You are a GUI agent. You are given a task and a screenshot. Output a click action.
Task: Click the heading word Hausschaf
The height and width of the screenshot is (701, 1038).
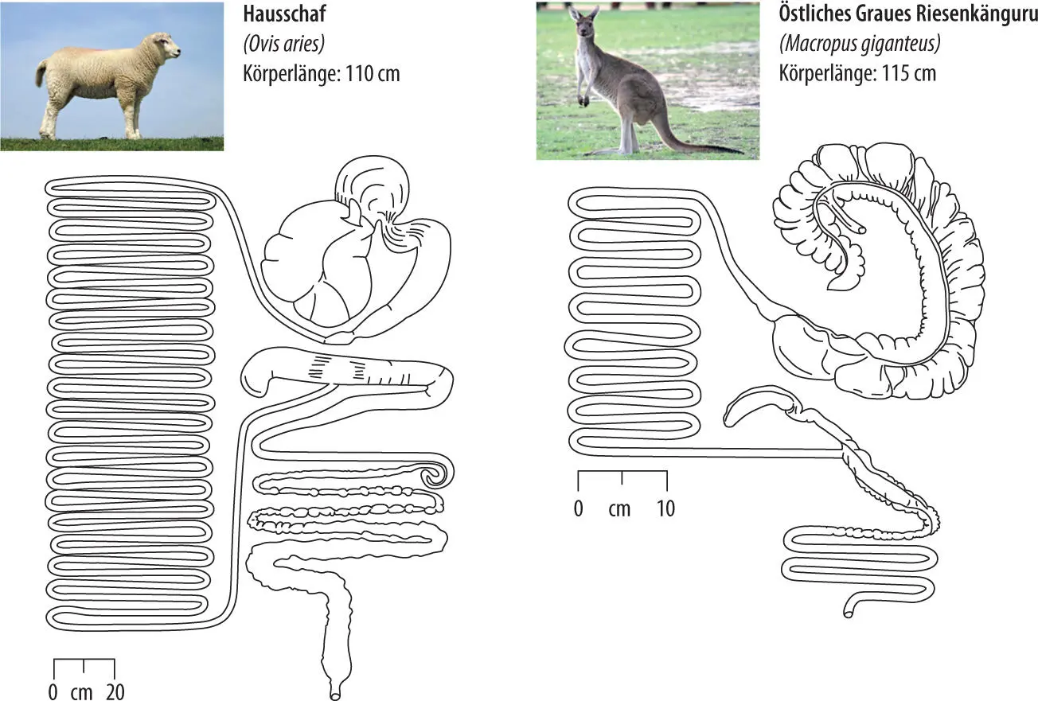(284, 15)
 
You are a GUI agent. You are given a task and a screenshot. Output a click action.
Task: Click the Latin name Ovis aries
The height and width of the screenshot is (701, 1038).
(283, 45)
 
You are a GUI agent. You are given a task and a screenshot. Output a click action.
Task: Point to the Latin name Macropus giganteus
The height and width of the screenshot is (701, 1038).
(860, 45)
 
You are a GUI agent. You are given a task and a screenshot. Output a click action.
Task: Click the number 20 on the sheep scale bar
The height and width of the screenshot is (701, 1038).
(115, 691)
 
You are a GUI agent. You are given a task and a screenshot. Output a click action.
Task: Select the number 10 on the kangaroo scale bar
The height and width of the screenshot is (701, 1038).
(665, 508)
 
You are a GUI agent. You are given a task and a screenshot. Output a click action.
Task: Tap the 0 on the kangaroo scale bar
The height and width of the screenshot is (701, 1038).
(579, 508)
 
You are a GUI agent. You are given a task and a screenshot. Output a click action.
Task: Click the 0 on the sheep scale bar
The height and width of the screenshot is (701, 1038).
(53, 691)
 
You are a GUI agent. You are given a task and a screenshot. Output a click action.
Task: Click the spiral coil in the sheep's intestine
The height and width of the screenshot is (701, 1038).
(435, 477)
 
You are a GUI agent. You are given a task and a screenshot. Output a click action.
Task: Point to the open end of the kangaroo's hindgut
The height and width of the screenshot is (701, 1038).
(848, 613)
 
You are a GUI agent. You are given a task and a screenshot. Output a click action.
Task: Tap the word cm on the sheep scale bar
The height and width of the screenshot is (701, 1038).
(81, 691)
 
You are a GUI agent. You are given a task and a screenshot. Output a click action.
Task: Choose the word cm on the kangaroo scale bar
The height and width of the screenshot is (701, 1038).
(619, 508)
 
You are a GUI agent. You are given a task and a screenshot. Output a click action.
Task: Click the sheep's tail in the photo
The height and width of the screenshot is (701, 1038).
(40, 75)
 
